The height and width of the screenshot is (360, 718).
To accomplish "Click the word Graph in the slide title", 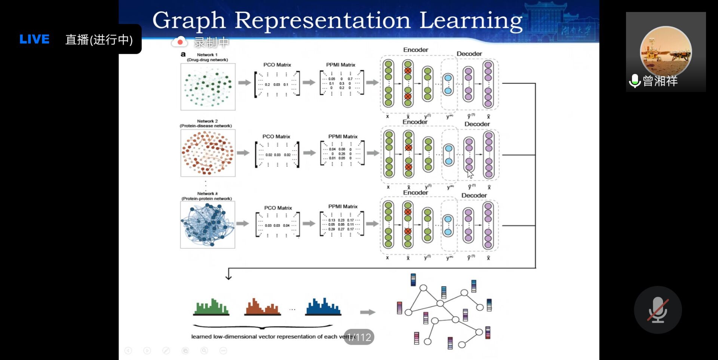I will tap(189, 20).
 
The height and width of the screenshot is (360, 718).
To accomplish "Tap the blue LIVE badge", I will tap(34, 39).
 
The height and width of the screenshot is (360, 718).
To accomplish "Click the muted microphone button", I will tap(657, 310).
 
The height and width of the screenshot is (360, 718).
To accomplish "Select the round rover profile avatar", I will tap(666, 51).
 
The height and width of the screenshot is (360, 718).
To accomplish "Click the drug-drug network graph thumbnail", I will tap(208, 87).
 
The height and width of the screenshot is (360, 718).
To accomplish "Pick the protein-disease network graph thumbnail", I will tap(208, 153).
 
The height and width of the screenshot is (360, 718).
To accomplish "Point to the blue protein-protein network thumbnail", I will tap(208, 225).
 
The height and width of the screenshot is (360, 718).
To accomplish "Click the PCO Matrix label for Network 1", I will tap(277, 65).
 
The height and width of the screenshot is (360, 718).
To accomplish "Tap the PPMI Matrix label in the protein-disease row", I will tap(343, 136).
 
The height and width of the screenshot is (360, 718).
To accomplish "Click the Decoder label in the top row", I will tap(469, 54).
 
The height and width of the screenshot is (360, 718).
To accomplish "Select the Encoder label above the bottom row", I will tap(415, 193).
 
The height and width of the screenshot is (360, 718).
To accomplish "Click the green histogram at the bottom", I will tap(211, 307).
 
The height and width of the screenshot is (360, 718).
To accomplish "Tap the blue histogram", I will tap(323, 307).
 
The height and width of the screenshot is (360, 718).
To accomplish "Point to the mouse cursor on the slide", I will tap(470, 174).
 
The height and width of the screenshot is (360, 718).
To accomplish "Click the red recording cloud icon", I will tap(179, 42).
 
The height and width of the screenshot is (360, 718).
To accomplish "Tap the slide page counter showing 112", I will tap(359, 337).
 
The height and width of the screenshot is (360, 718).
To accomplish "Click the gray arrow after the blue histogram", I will tap(367, 312).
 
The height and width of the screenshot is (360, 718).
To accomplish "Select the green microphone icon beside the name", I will tap(635, 81).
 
